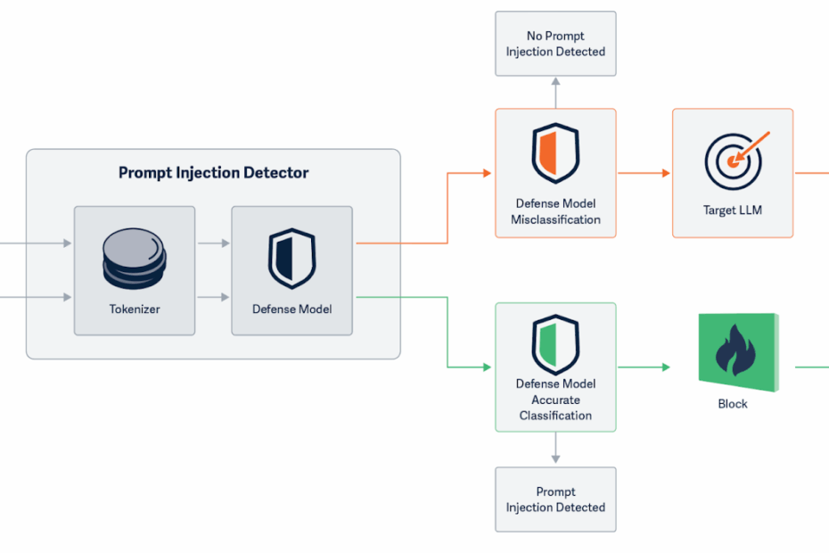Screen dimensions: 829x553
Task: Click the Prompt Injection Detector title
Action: coord(214,173)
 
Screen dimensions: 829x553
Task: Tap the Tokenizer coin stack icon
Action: coord(135,259)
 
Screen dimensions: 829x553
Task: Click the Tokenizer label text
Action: coord(135,309)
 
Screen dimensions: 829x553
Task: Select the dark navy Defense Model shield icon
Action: coord(291,259)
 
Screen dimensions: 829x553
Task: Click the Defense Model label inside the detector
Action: coord(291,309)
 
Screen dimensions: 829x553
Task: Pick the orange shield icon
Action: coord(555,153)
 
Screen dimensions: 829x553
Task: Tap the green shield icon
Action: coord(555,344)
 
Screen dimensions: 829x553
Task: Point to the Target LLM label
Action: coord(733,210)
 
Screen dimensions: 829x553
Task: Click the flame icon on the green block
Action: coord(735,350)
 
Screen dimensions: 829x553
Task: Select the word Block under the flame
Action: coord(733,404)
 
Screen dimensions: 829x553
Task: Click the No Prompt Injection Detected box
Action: coord(555,44)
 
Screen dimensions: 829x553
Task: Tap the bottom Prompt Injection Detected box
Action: coord(555,499)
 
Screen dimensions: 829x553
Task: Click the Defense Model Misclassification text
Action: coord(555,211)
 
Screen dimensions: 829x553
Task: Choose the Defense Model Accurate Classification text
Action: coord(555,400)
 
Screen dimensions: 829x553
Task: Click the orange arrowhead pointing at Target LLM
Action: coord(666,173)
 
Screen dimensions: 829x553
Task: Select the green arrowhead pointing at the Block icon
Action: coord(666,367)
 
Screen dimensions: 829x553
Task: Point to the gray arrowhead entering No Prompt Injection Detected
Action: coord(555,81)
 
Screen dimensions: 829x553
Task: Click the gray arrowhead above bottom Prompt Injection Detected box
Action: coord(555,459)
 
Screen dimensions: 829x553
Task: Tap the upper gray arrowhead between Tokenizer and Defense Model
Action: coord(226,243)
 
